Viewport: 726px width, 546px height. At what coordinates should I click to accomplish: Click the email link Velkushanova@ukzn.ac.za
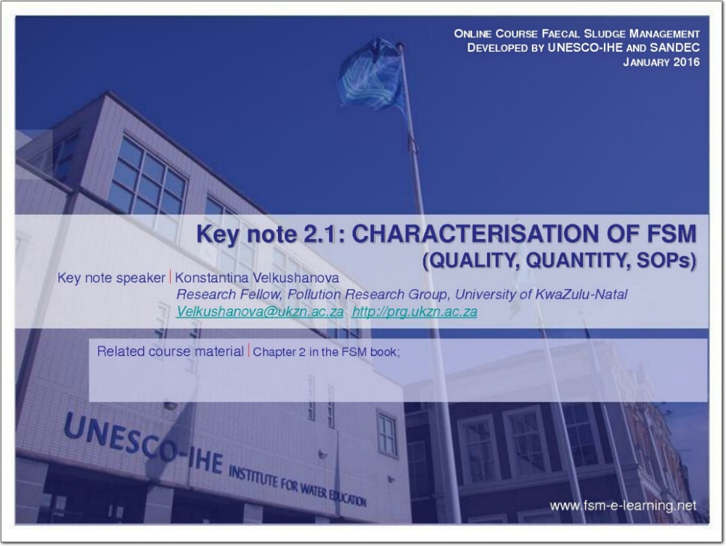[260, 312]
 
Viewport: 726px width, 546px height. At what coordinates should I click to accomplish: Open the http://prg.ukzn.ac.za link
[414, 312]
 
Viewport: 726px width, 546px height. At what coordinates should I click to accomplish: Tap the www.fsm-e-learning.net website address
[623, 506]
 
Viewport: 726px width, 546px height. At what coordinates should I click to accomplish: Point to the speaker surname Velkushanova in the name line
[296, 278]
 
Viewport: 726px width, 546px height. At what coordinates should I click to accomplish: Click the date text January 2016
[661, 62]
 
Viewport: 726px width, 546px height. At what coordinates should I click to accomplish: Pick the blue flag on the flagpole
[371, 73]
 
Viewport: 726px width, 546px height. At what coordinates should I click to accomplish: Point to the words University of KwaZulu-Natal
[541, 294]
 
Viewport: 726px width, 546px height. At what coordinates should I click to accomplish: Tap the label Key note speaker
[111, 278]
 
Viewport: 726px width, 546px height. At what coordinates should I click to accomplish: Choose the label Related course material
[170, 352]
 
